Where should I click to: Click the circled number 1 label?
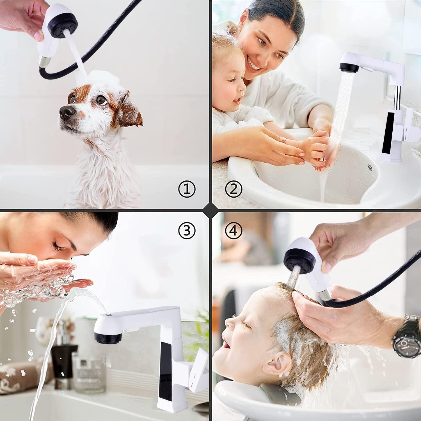tap(187, 189)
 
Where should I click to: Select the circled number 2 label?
tap(234, 189)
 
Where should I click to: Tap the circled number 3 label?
tap(187, 230)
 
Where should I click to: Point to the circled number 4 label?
tap(234, 230)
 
